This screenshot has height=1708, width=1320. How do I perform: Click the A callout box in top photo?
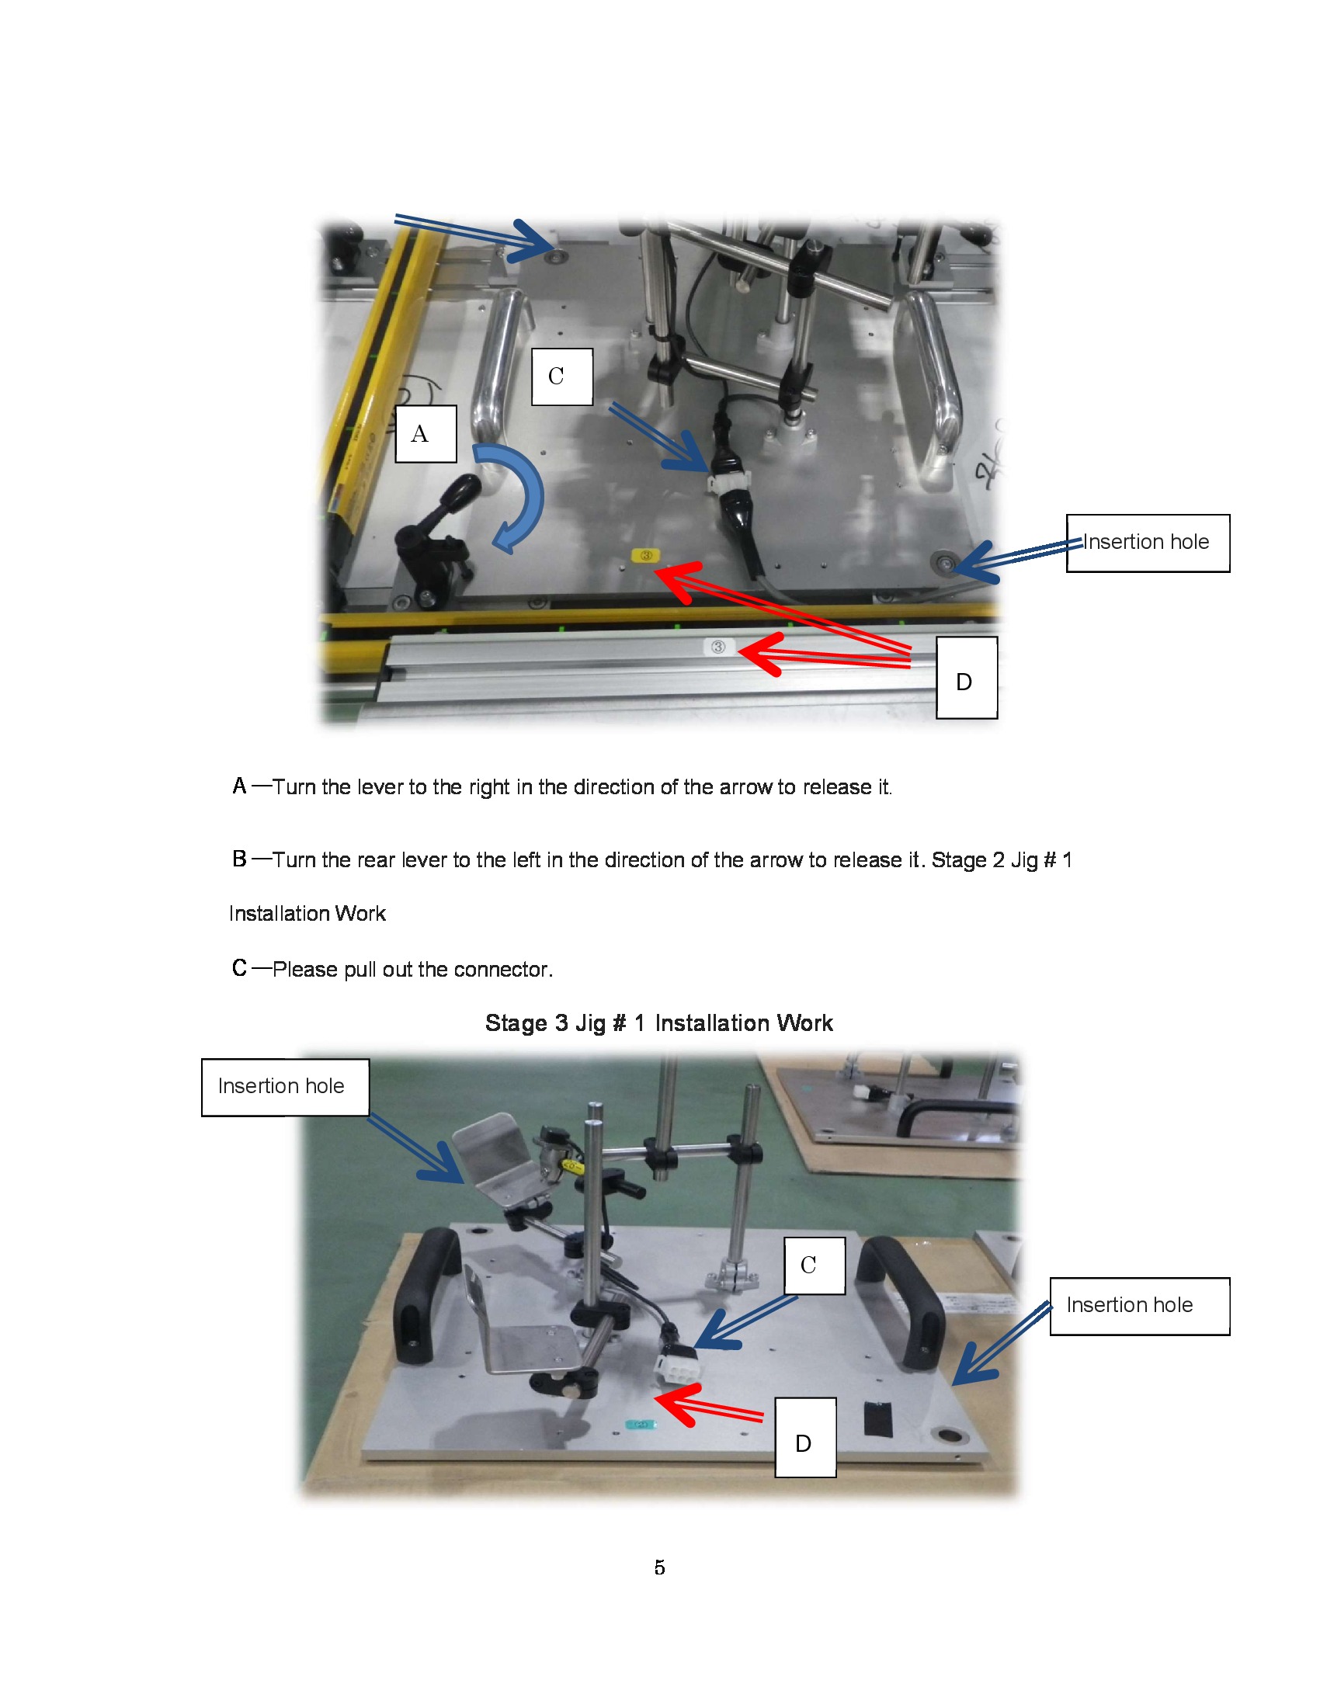tap(426, 434)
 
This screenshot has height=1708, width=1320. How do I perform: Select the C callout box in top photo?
tap(561, 377)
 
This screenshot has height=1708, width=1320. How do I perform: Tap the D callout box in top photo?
tap(967, 678)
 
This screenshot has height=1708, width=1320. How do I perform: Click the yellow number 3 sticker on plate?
tap(646, 556)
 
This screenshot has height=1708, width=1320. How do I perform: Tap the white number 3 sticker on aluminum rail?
tap(718, 647)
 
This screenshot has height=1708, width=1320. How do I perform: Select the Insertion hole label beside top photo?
tap(1147, 543)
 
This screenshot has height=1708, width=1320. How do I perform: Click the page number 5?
tap(659, 1567)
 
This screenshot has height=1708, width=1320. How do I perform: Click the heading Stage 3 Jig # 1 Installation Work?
tap(658, 1023)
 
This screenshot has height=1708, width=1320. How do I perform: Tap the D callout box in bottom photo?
tap(804, 1437)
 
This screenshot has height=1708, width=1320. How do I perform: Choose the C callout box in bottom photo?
tap(814, 1265)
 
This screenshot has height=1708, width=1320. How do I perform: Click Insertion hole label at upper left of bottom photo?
tap(285, 1087)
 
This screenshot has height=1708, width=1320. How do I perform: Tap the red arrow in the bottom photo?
tap(703, 1408)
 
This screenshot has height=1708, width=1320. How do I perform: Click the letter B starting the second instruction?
tap(239, 859)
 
